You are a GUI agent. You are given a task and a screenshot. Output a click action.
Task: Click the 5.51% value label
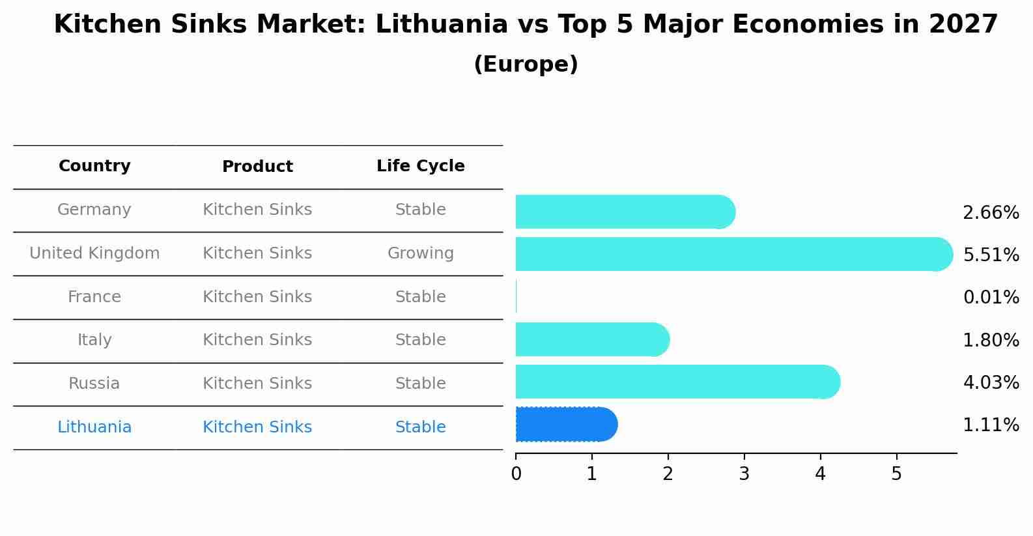click(991, 255)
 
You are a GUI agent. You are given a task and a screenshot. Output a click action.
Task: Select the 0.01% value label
click(991, 297)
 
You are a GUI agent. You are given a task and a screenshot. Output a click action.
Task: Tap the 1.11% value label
click(991, 425)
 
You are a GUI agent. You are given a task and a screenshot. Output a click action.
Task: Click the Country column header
click(94, 166)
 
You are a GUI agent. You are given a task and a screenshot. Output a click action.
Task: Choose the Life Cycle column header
click(420, 166)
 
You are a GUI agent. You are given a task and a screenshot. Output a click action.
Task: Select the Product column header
click(257, 167)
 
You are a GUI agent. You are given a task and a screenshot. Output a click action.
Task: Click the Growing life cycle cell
click(420, 253)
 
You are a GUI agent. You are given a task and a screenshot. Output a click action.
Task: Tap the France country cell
click(94, 297)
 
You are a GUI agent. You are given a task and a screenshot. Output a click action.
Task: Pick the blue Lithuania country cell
click(94, 427)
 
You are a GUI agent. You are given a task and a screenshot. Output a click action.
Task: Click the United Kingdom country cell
click(94, 253)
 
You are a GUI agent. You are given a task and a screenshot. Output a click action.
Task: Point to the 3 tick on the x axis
click(744, 474)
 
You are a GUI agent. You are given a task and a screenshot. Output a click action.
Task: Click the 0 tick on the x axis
click(516, 474)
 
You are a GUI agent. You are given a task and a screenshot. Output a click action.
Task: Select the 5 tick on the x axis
click(896, 474)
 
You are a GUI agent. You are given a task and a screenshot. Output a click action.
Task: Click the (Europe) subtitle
click(526, 64)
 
